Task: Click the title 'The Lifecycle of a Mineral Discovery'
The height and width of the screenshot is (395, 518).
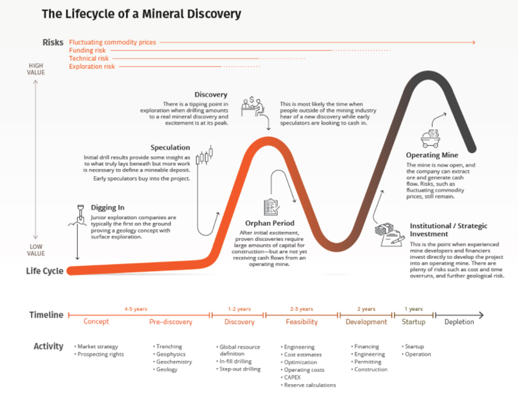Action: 141,14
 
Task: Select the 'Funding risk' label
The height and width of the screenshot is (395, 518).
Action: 87,50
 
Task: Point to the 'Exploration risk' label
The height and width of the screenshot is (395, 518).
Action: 91,66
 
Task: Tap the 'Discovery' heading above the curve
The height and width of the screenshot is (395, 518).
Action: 210,95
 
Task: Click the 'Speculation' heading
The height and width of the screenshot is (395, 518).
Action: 170,147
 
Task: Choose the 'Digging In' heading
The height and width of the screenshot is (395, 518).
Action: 107,208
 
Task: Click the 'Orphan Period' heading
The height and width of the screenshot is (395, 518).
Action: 269,223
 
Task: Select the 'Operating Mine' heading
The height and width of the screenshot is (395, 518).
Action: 431,155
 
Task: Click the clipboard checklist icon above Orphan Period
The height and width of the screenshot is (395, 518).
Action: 271,207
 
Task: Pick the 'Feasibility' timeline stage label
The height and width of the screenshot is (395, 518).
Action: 301,322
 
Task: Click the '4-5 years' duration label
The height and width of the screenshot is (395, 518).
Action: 136,309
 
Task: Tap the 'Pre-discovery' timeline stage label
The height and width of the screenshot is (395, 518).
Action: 170,322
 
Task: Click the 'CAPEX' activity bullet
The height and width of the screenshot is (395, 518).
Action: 293,377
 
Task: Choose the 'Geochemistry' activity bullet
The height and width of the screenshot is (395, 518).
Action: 174,362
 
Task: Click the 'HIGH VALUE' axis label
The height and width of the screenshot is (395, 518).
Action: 36,69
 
